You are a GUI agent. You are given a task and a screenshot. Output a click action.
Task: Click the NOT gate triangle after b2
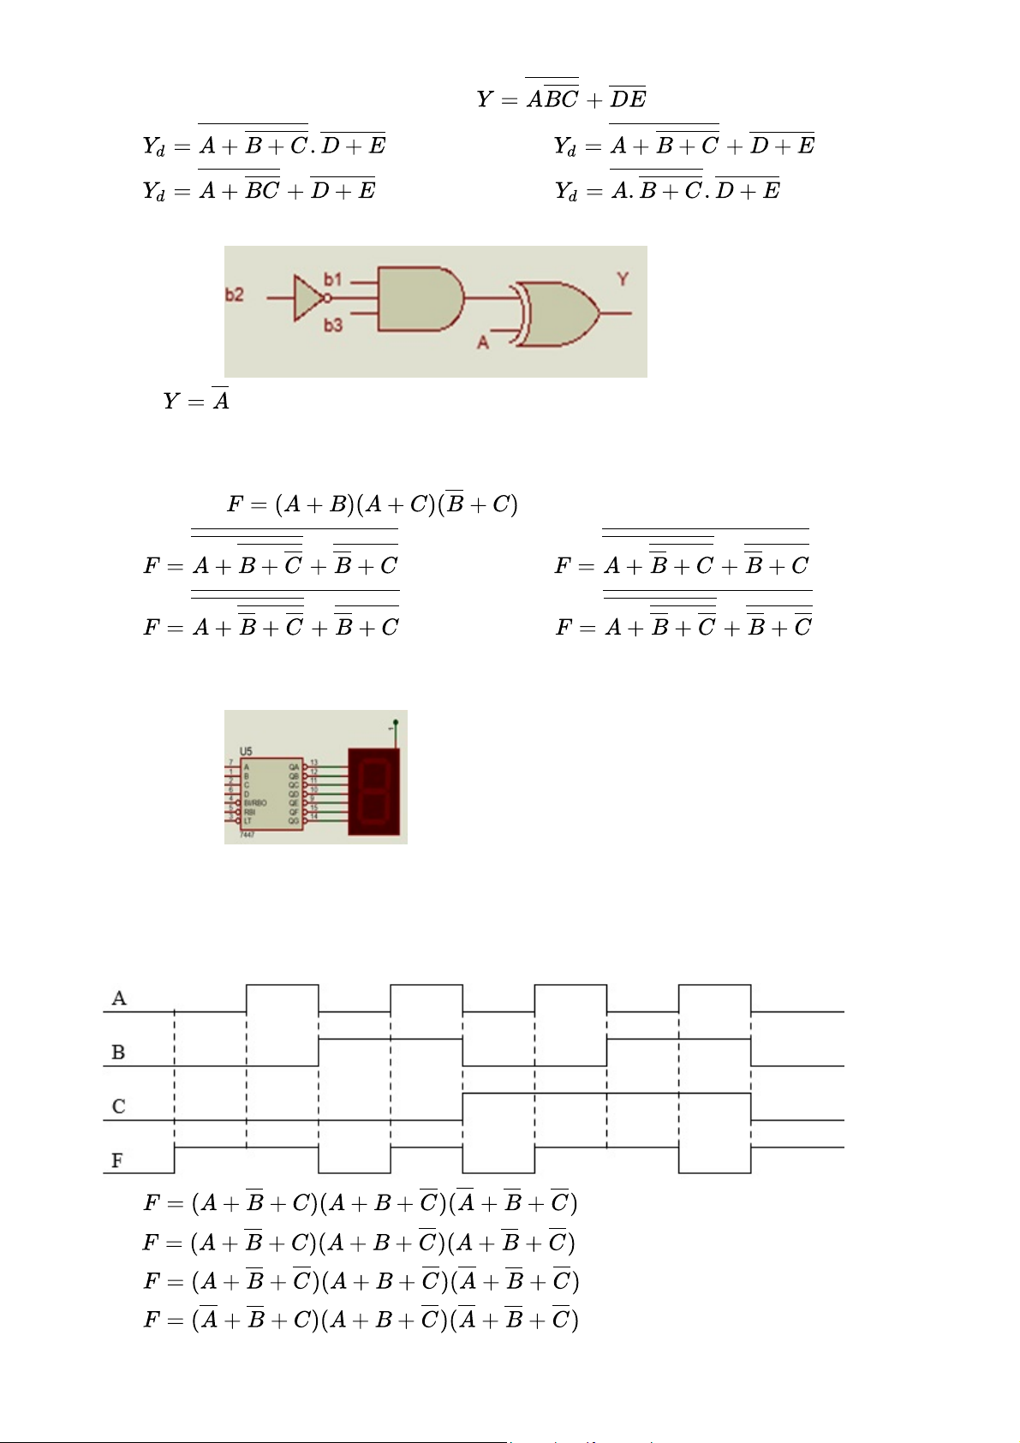click(x=306, y=298)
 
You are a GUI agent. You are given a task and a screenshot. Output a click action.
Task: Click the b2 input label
click(x=234, y=295)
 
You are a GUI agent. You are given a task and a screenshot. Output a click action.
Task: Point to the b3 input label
click(x=333, y=325)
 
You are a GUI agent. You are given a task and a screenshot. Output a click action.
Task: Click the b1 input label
click(x=333, y=279)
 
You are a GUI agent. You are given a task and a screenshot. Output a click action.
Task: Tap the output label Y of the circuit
click(x=623, y=279)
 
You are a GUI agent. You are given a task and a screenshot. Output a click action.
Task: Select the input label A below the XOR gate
click(x=483, y=343)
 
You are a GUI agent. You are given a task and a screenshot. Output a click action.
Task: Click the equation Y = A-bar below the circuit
click(x=196, y=400)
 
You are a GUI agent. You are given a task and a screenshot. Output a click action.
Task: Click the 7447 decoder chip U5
click(x=271, y=794)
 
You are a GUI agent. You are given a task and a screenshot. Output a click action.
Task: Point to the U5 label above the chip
click(x=247, y=752)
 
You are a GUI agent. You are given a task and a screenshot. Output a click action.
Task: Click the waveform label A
click(x=119, y=999)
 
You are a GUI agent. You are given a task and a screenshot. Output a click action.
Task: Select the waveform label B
click(x=118, y=1052)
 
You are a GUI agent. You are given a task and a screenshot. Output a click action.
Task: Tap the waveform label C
click(x=118, y=1106)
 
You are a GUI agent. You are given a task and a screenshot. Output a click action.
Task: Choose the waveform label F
click(x=117, y=1161)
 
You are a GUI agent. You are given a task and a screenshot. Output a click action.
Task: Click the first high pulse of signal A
click(x=282, y=998)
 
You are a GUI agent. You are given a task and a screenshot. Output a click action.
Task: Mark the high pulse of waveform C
click(x=606, y=1106)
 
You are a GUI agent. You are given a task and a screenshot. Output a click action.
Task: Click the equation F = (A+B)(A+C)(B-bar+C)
click(x=372, y=504)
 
